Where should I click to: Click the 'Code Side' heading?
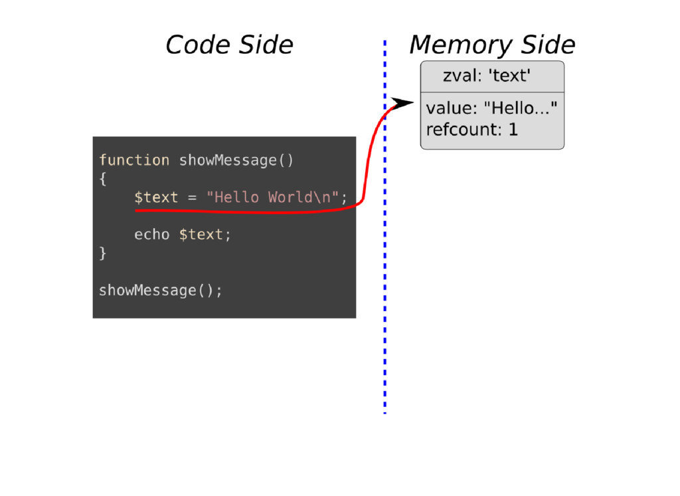pos(229,45)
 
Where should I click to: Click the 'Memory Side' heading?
pos(492,45)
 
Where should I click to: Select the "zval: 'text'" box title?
pos(486,76)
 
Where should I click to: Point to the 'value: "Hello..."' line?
pos(491,108)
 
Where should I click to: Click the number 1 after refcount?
pos(513,129)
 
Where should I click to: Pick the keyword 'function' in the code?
pos(134,160)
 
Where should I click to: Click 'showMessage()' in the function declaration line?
pos(236,160)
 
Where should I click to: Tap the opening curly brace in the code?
pos(103,179)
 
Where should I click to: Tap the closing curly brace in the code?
pos(103,253)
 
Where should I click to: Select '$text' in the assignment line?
pos(156,197)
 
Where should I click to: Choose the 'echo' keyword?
pos(152,235)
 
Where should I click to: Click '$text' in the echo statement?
pos(201,235)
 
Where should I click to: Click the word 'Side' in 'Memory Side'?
pos(548,45)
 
